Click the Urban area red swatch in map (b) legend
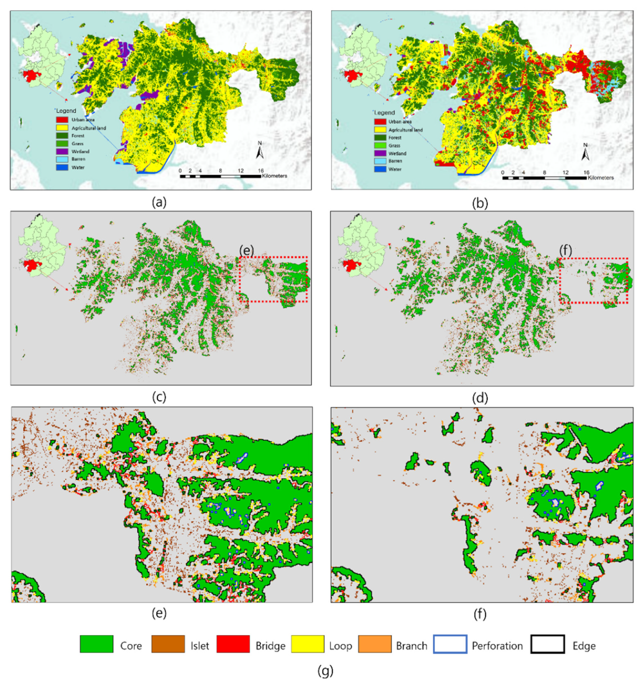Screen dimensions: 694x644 (380, 122)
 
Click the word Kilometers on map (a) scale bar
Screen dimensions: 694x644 (274, 176)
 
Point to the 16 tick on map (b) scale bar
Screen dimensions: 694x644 (586, 173)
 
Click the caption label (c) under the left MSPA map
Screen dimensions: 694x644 (159, 397)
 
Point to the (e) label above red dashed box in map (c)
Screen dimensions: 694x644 (247, 250)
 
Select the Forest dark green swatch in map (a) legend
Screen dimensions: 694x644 (62, 136)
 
